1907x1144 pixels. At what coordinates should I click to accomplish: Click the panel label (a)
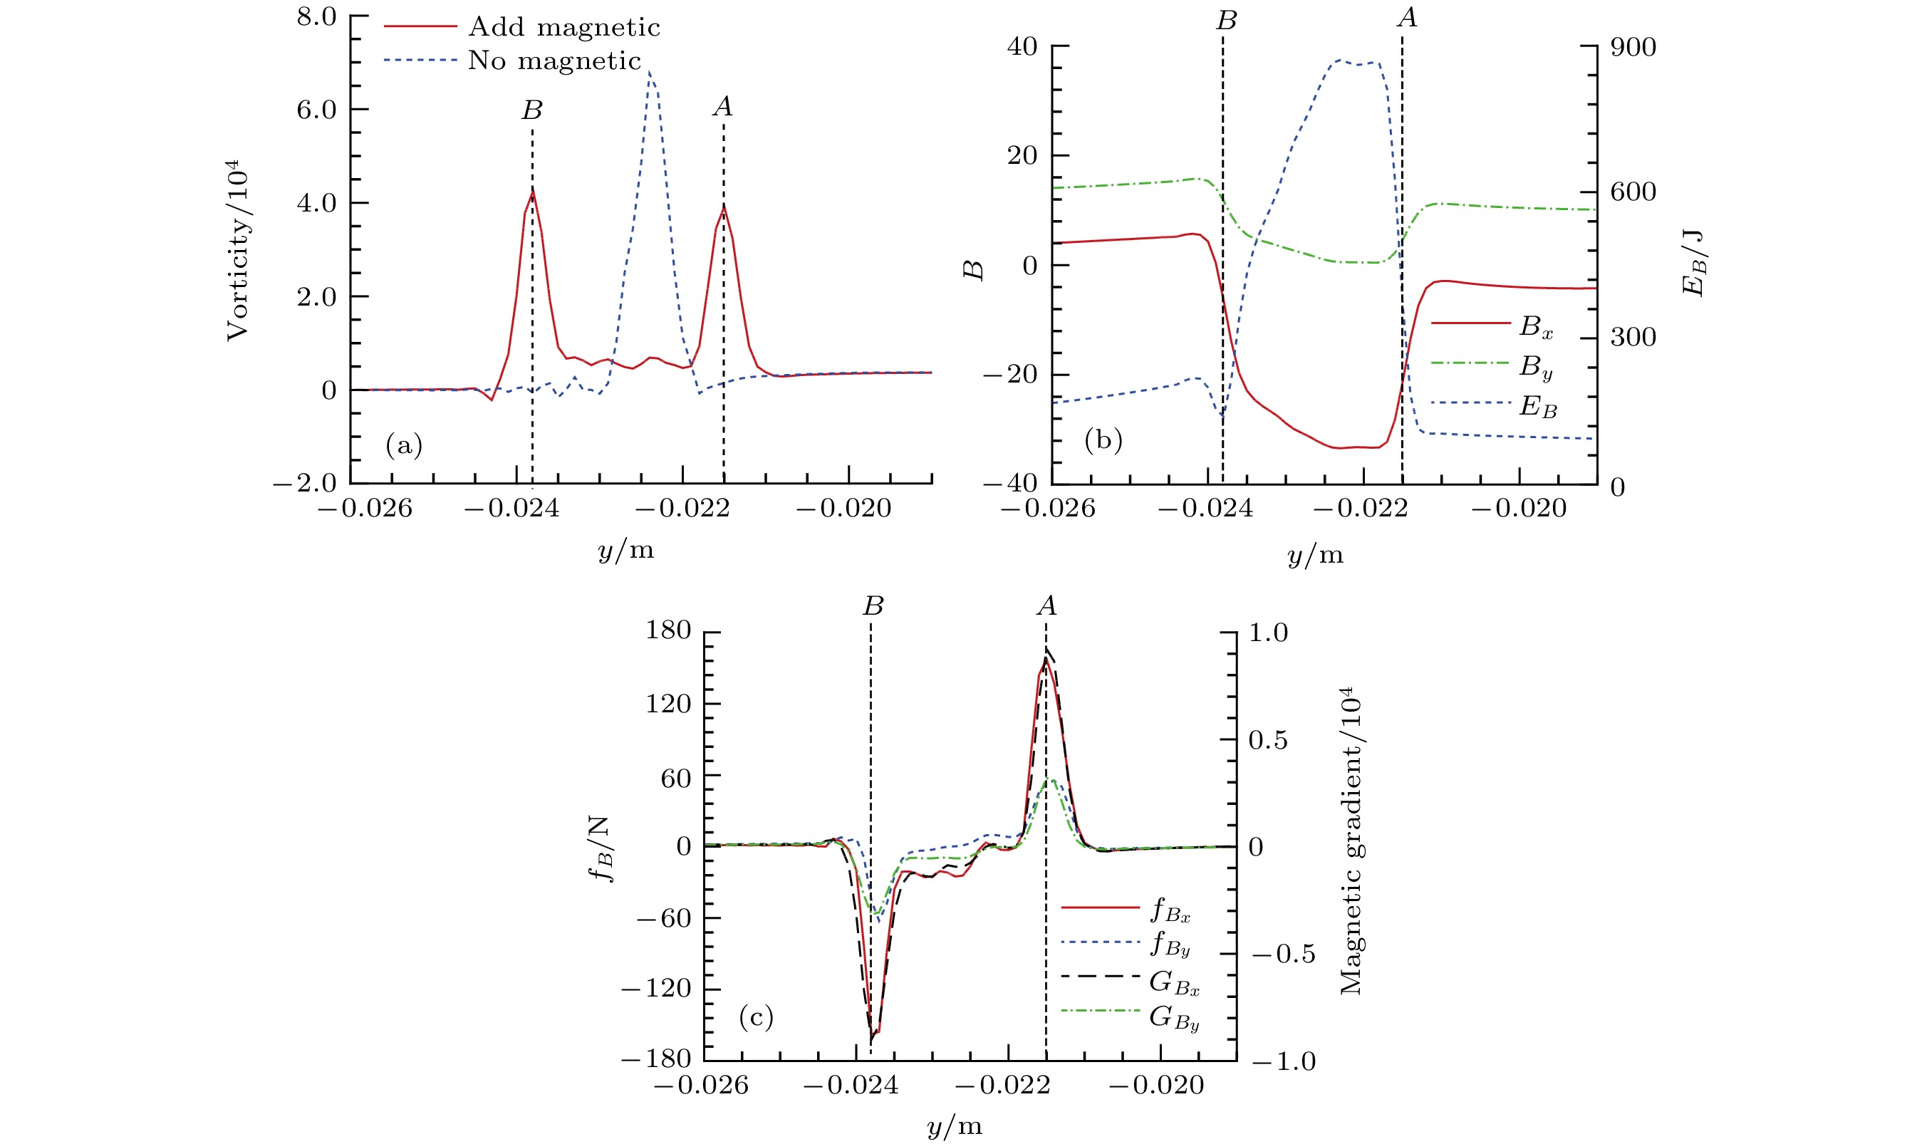[404, 444]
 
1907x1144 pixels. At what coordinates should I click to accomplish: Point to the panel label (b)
[1103, 440]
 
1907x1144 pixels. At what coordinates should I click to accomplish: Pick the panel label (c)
[755, 1018]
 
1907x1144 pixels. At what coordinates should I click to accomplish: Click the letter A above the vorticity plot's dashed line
[722, 106]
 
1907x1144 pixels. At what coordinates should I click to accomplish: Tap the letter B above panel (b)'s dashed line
[1225, 21]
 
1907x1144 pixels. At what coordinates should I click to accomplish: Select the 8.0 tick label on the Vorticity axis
[317, 16]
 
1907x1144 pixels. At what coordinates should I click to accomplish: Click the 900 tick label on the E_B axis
[1633, 47]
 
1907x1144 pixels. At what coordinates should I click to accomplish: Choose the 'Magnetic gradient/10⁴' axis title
[1351, 841]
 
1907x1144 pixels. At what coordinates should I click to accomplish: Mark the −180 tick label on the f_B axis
[656, 1059]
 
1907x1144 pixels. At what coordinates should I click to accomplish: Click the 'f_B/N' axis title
[600, 848]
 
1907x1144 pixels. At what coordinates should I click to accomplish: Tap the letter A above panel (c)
[1046, 606]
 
